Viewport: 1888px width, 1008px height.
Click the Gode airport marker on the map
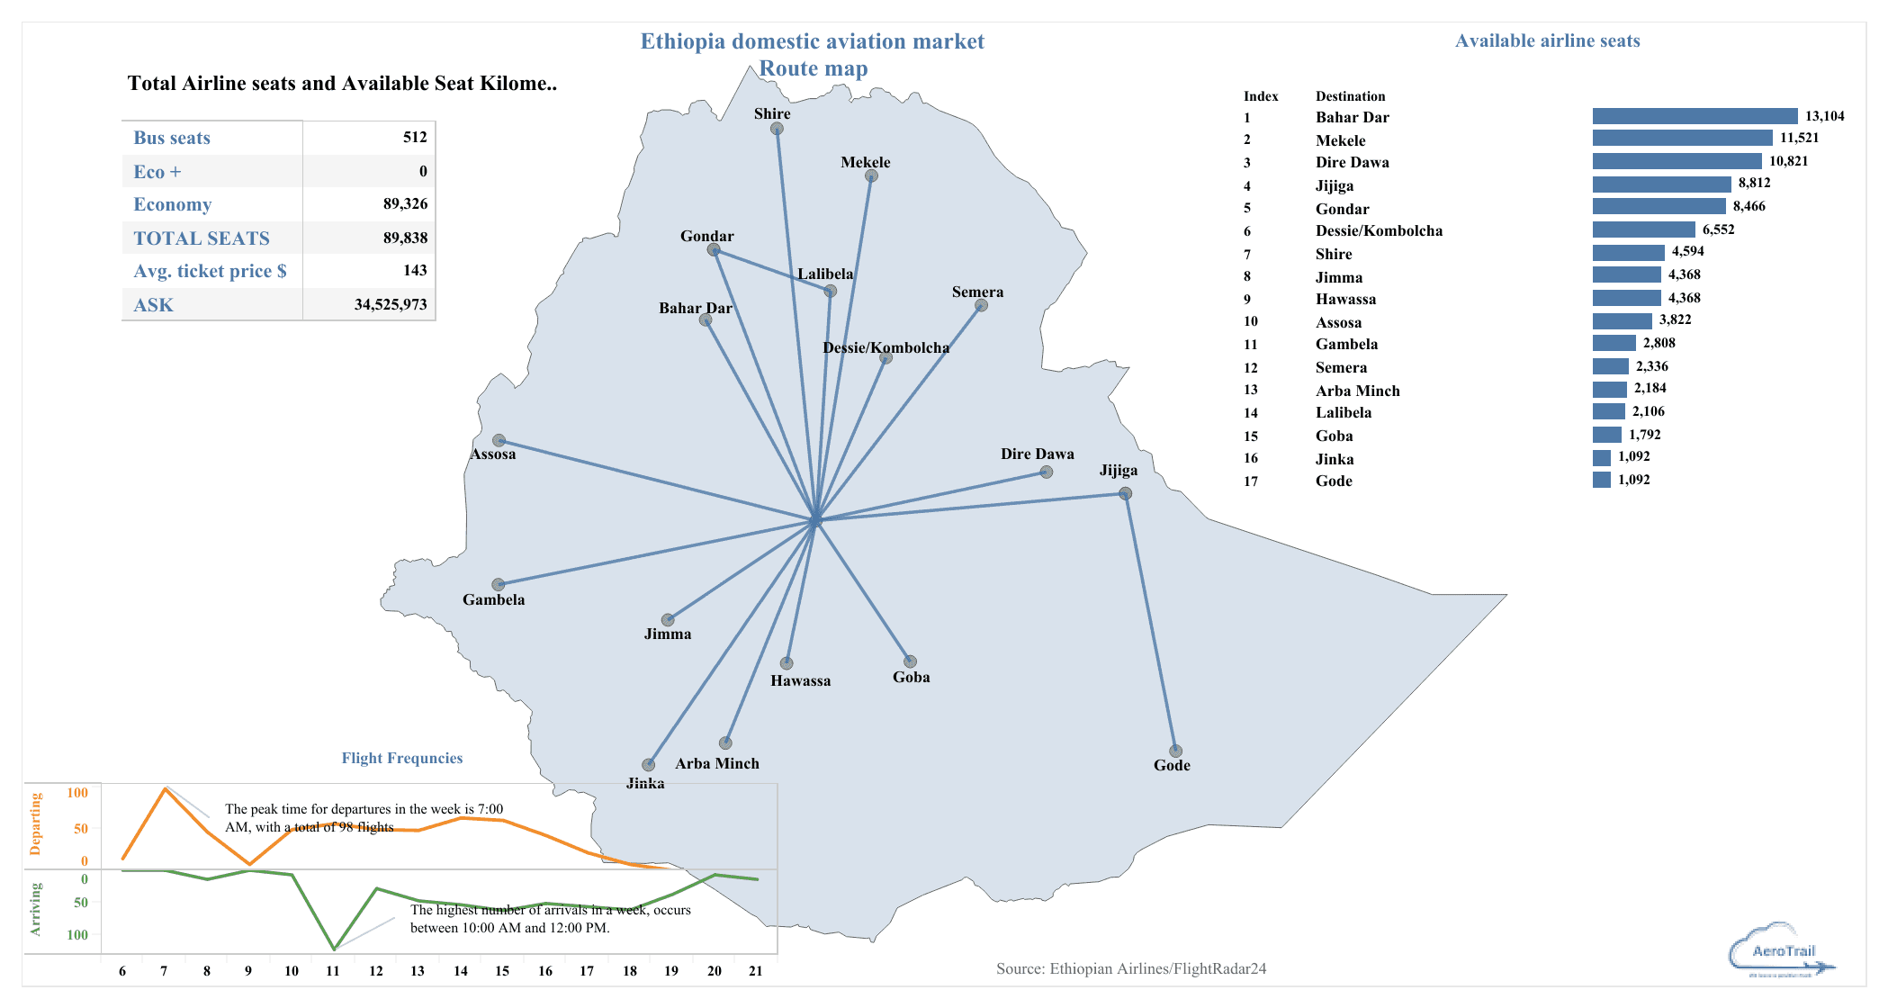click(1175, 751)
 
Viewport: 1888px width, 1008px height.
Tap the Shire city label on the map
click(772, 114)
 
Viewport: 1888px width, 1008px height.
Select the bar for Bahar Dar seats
click(1695, 116)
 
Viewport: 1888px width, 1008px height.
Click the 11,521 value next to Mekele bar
click(1799, 138)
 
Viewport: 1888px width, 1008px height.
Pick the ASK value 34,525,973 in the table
click(391, 304)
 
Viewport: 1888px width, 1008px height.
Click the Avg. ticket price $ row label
click(210, 271)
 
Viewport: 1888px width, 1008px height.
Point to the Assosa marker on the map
click(499, 441)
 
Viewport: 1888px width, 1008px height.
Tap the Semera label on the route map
click(977, 292)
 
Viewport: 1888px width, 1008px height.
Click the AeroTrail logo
click(1782, 950)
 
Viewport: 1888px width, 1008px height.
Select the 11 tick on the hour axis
click(333, 971)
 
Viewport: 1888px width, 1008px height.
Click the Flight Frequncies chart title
click(402, 758)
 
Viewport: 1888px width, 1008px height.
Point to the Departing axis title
click(36, 823)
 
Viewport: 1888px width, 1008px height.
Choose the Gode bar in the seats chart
click(1602, 480)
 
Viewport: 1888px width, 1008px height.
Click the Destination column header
click(1350, 96)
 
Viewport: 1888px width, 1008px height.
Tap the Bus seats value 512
click(415, 137)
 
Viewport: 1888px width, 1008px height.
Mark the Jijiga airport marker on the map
click(1125, 493)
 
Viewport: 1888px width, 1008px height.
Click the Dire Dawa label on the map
click(1037, 454)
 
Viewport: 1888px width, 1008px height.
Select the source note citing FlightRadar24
click(1130, 968)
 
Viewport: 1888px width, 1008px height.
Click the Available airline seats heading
click(1547, 40)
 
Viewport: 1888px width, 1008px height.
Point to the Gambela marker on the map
click(498, 585)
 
